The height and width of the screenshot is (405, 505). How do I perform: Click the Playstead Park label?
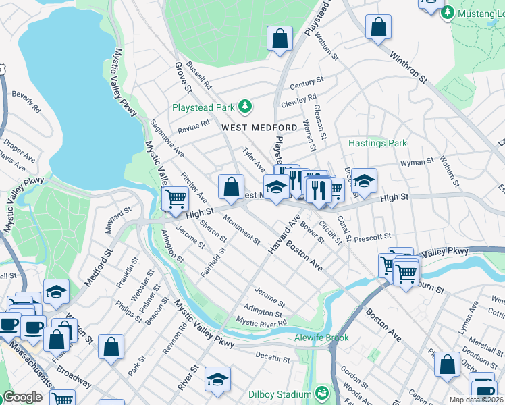click(203, 107)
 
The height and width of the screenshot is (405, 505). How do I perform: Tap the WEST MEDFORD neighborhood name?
click(259, 128)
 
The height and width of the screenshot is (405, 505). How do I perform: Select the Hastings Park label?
click(377, 143)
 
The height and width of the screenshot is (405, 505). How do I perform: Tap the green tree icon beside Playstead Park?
click(246, 107)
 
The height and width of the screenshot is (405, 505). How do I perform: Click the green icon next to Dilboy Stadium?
click(323, 392)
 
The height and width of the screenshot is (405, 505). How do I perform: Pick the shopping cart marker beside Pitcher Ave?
click(176, 198)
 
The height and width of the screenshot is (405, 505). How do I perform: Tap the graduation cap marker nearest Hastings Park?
click(364, 180)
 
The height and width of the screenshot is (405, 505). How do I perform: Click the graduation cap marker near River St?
click(218, 379)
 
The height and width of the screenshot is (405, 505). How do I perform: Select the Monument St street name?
click(241, 230)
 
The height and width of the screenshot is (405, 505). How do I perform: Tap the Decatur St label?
click(273, 353)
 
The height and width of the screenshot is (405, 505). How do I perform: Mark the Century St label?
click(307, 83)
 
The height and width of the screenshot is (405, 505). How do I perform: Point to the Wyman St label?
click(417, 162)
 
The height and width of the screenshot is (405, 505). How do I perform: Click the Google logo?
click(22, 396)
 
